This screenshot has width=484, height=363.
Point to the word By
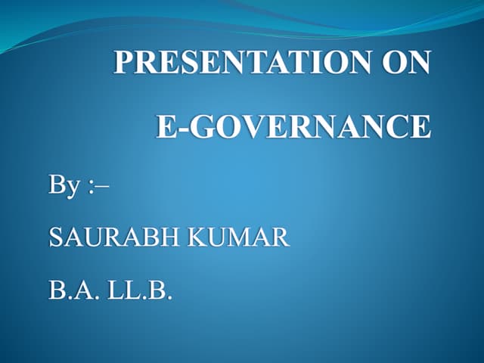(x=63, y=186)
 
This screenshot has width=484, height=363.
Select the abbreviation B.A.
(x=70, y=289)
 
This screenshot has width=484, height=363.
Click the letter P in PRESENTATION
(x=123, y=63)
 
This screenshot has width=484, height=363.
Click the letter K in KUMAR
(x=197, y=238)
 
